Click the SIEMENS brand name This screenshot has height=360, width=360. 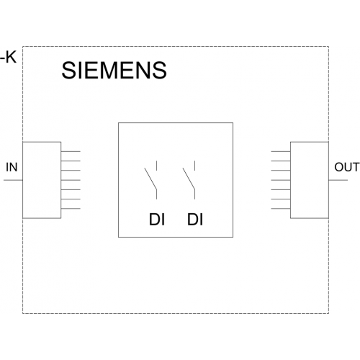tap(114, 70)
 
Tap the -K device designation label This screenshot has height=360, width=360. tap(9, 58)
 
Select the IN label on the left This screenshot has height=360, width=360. tap(12, 167)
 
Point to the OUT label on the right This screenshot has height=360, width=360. tap(347, 167)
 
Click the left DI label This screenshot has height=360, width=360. tap(157, 220)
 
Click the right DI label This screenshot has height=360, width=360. tap(195, 220)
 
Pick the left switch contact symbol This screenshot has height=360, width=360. tap(150, 180)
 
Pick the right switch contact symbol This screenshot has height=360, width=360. tap(189, 180)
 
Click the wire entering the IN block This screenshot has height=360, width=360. tap(13, 180)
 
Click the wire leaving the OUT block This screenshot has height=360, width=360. tap(338, 180)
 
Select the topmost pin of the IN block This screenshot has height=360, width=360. tap(71, 151)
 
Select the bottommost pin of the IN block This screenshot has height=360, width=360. tap(71, 209)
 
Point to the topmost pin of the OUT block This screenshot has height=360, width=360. tap(281, 151)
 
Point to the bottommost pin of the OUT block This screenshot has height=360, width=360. tap(281, 209)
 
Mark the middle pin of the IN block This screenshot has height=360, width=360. tap(71, 180)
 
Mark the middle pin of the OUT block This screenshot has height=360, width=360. tap(281, 180)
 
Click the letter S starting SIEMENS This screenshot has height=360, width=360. tap(68, 70)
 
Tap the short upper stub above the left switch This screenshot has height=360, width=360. tap(156, 166)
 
